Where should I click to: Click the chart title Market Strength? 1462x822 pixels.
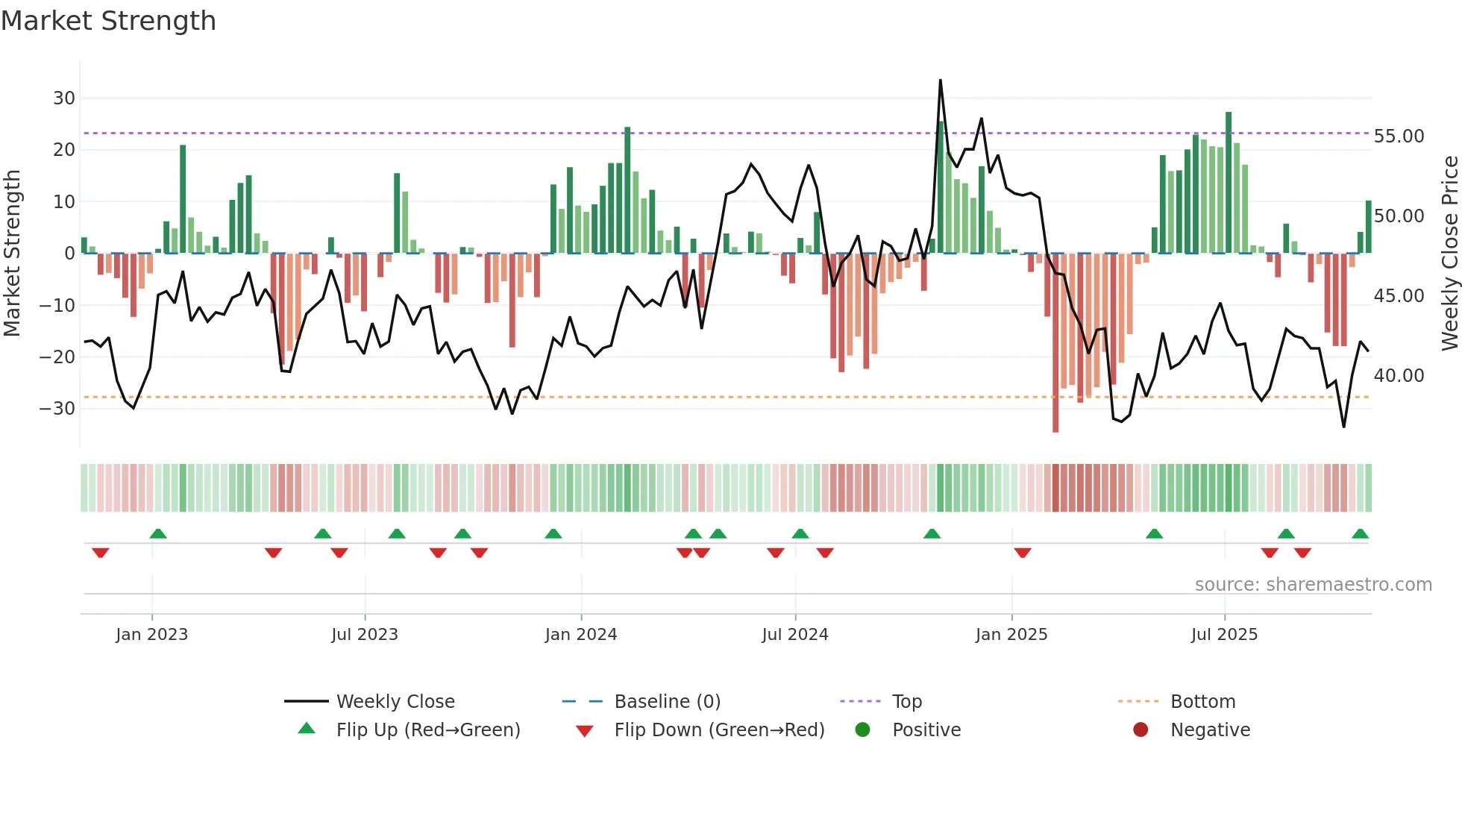click(108, 21)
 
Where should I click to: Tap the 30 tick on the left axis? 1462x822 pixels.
click(64, 98)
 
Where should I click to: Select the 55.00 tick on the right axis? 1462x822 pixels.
click(1399, 137)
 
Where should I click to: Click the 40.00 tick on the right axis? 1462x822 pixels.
click(1399, 376)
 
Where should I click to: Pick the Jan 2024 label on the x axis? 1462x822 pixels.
click(581, 635)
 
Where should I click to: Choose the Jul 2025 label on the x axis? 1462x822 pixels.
click(1224, 635)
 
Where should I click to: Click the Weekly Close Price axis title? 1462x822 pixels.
click(1449, 254)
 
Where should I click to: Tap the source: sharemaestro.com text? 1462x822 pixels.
click(1313, 585)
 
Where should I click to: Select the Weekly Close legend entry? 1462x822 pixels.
click(395, 702)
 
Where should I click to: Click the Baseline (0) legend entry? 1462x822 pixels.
click(667, 702)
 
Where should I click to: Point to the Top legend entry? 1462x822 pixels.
click(906, 702)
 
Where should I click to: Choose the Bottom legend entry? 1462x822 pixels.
click(1202, 702)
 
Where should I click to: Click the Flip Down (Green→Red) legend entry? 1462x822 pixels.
click(718, 730)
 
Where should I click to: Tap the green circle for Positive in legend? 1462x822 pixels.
click(863, 730)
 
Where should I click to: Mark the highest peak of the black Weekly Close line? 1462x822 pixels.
click(940, 81)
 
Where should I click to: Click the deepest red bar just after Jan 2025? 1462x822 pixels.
click(1055, 343)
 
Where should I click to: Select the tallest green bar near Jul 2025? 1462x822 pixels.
click(1229, 183)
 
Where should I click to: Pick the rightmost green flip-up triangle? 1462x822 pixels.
click(1360, 534)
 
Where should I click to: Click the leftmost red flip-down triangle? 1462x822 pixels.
click(101, 553)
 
